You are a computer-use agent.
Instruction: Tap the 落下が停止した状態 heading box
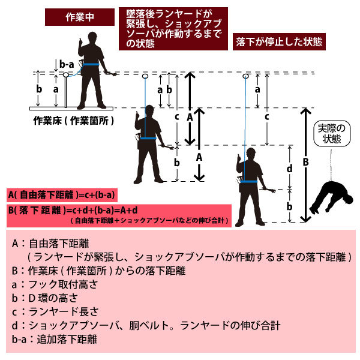[279, 43]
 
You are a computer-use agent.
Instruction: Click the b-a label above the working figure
[67, 63]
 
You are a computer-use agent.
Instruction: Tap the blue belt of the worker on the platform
[91, 65]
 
